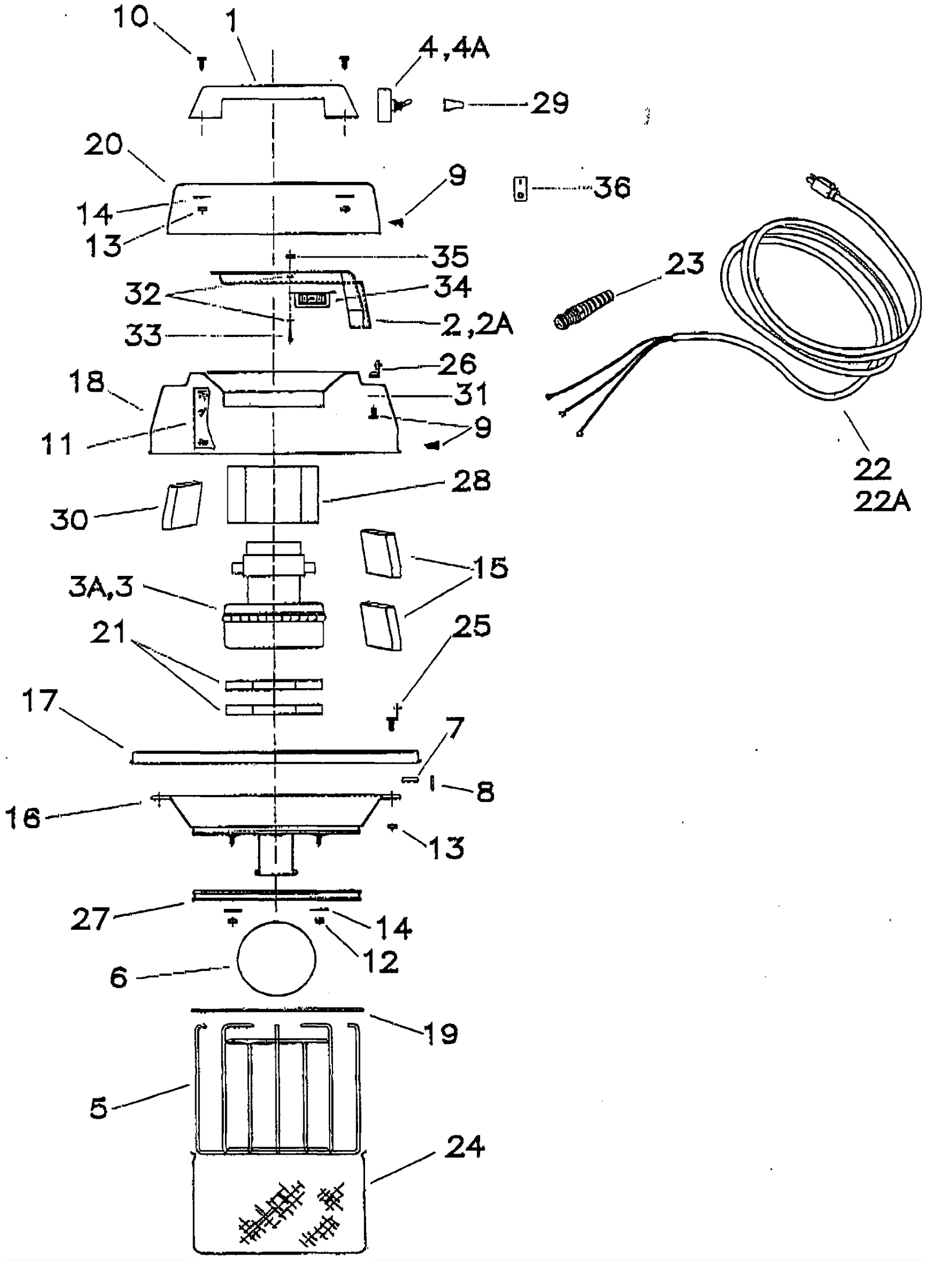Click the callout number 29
coord(550,104)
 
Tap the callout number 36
coord(611,188)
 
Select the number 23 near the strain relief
coord(686,263)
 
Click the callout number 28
coord(471,481)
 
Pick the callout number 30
coord(69,519)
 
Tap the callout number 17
coord(40,701)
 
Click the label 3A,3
coord(101,587)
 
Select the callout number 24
coord(465,1147)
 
